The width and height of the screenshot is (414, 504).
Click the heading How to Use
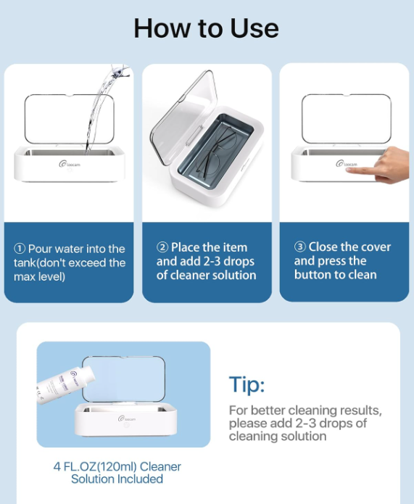(206, 28)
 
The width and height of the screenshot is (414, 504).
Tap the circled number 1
(20, 249)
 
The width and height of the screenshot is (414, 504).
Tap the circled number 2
(162, 247)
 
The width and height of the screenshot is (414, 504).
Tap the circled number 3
(300, 247)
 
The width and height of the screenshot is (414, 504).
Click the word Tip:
(247, 384)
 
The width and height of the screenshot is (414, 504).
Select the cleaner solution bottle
(66, 385)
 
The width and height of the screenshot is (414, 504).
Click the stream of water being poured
(104, 106)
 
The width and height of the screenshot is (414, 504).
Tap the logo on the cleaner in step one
(70, 164)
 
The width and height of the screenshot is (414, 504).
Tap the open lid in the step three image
(347, 119)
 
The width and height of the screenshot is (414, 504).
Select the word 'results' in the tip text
(360, 410)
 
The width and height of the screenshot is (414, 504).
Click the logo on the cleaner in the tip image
(127, 418)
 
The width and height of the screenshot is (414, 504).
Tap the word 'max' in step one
(24, 277)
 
